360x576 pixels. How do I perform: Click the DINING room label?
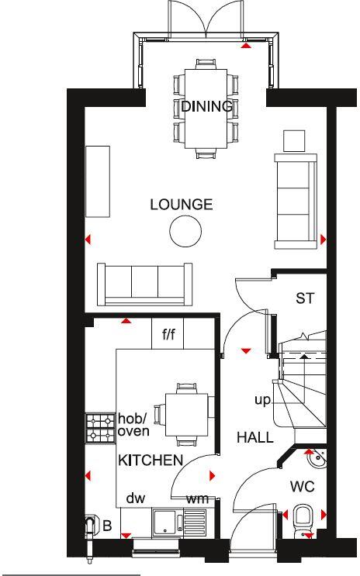pyautogui.click(x=206, y=107)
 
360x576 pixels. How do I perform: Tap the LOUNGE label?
pyautogui.click(x=181, y=205)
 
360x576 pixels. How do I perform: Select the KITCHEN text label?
pyautogui.click(x=151, y=460)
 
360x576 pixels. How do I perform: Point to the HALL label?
pyautogui.click(x=255, y=438)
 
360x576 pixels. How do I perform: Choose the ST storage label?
pyautogui.click(x=305, y=298)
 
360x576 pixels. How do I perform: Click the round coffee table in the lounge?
pyautogui.click(x=186, y=230)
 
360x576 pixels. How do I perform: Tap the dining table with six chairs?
pyautogui.click(x=206, y=109)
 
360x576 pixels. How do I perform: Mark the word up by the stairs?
pyautogui.click(x=261, y=400)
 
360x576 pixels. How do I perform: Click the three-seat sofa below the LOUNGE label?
pyautogui.click(x=145, y=283)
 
